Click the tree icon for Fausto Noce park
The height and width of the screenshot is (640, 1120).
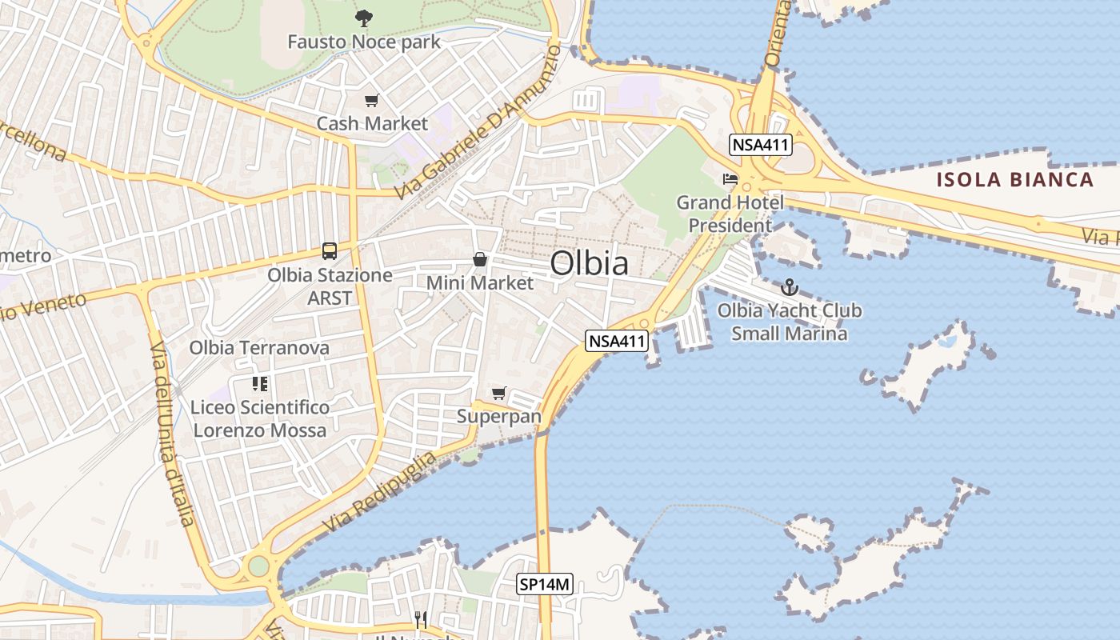click(364, 18)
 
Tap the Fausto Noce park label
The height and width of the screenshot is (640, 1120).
click(364, 42)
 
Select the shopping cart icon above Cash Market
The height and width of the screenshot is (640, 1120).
click(371, 101)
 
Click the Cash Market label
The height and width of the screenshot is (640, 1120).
click(373, 124)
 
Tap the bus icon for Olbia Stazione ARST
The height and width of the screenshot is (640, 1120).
click(330, 250)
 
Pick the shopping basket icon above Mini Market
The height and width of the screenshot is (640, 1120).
click(480, 259)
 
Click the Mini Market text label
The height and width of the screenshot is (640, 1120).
click(480, 283)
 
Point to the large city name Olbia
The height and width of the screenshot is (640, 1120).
click(590, 263)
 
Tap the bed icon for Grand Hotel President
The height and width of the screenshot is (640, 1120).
click(730, 178)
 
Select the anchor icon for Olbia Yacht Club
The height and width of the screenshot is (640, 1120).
click(790, 286)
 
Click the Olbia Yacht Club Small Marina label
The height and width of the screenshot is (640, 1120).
click(790, 322)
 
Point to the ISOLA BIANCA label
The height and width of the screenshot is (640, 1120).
click(1015, 179)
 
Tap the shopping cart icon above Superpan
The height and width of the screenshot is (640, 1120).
click(499, 393)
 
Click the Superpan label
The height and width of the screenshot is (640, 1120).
click(499, 417)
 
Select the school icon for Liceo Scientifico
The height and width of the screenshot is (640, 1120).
click(260, 384)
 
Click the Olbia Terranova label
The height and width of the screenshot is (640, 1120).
click(259, 348)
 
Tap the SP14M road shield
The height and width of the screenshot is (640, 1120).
click(545, 585)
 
